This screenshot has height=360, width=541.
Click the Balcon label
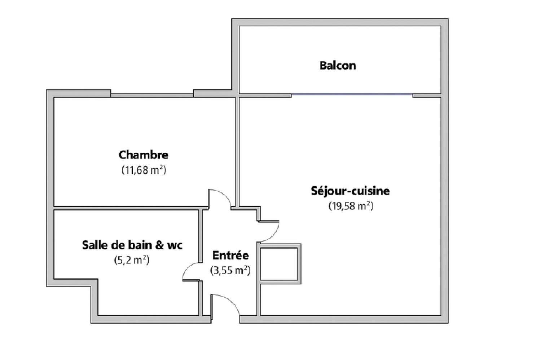(x=338, y=65)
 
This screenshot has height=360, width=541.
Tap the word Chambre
(x=144, y=155)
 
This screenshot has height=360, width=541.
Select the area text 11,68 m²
(x=144, y=170)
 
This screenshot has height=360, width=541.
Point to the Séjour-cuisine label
(x=350, y=191)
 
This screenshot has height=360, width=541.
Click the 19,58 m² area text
(x=351, y=206)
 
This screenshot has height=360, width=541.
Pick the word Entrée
(x=231, y=255)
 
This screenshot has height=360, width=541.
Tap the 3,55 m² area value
(x=230, y=271)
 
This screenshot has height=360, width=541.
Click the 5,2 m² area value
(x=132, y=260)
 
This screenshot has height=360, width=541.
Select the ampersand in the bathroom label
(x=159, y=245)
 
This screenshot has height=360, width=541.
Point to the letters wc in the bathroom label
(x=175, y=246)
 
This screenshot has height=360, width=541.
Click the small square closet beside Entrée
(x=280, y=264)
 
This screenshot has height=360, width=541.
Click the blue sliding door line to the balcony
(x=352, y=94)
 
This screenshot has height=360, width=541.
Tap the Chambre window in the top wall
(x=152, y=95)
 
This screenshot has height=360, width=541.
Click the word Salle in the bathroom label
(x=94, y=245)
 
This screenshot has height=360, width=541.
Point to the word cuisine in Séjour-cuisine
(x=371, y=191)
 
